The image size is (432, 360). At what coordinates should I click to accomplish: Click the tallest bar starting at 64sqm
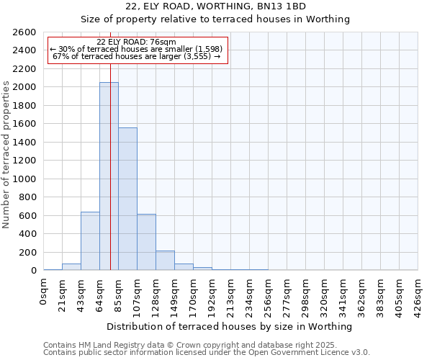pos(109,176)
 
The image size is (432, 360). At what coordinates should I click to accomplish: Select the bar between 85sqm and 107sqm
pos(127,199)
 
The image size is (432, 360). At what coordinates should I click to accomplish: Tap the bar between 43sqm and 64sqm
pos(90,241)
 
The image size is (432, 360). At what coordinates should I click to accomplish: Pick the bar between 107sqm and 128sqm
pos(146,242)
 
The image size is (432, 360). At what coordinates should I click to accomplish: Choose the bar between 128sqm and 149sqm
pos(165,261)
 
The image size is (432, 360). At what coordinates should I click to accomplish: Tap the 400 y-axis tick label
pos(28,234)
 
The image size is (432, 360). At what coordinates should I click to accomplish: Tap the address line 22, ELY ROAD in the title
pos(215,6)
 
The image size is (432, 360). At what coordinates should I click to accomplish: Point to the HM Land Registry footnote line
pos(194,345)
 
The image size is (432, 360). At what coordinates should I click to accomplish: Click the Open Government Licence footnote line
pos(206,352)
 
